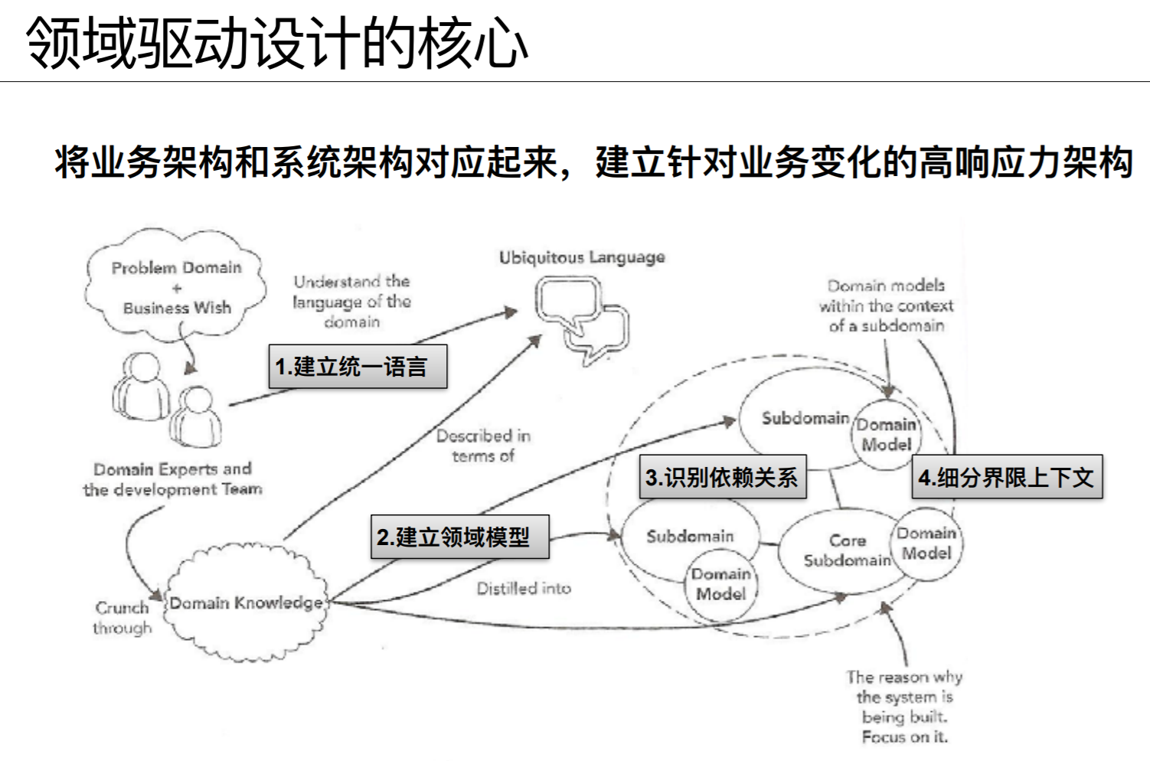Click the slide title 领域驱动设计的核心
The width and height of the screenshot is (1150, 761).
pyautogui.click(x=276, y=43)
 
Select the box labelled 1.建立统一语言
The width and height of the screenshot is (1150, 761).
pyautogui.click(x=357, y=367)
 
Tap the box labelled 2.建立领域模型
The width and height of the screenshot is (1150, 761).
pyautogui.click(x=459, y=537)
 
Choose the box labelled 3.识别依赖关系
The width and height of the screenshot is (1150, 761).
pyautogui.click(x=722, y=478)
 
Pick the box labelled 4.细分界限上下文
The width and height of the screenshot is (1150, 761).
pyautogui.click(x=1006, y=478)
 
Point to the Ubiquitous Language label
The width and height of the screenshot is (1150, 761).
pyautogui.click(x=582, y=258)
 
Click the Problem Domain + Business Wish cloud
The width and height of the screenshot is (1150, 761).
pyautogui.click(x=176, y=287)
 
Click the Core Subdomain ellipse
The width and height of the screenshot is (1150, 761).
pyautogui.click(x=838, y=551)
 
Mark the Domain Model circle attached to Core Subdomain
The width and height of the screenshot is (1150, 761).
pyautogui.click(x=927, y=543)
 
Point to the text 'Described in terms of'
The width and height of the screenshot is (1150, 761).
pyautogui.click(x=483, y=446)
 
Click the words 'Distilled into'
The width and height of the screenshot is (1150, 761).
pyautogui.click(x=524, y=589)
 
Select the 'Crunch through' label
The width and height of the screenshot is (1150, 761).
pyautogui.click(x=123, y=618)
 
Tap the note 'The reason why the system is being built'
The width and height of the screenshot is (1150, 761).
pyautogui.click(x=904, y=707)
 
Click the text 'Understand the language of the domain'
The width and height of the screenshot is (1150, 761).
pyautogui.click(x=352, y=302)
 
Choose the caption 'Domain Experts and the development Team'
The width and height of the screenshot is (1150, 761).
pyautogui.click(x=172, y=479)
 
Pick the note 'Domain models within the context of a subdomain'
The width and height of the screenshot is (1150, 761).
pyautogui.click(x=886, y=305)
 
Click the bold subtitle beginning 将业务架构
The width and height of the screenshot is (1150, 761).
pyautogui.click(x=593, y=162)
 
